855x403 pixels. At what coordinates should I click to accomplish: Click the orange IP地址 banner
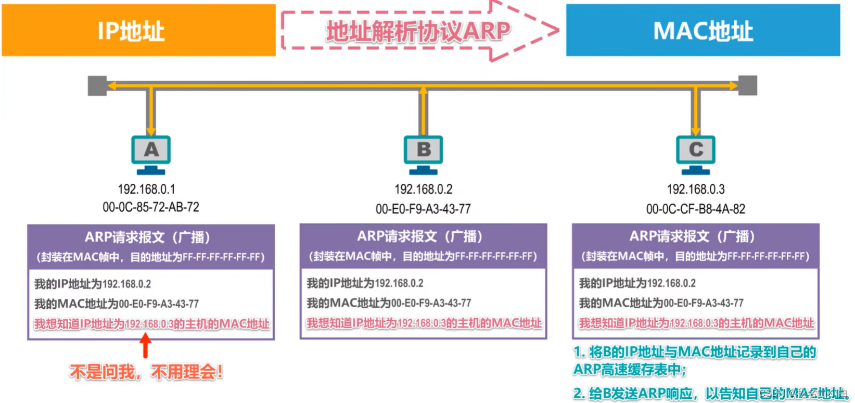pos(138,30)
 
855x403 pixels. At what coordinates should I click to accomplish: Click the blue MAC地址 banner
pos(703,30)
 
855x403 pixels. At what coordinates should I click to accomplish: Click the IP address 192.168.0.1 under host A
pos(146,189)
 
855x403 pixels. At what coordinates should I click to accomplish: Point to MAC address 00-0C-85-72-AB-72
pos(150,207)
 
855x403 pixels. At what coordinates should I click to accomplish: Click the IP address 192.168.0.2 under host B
pos(423,190)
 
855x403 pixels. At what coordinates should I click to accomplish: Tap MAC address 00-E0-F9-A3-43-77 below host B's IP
pos(423,209)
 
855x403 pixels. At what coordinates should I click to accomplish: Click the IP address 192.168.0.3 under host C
pos(696,190)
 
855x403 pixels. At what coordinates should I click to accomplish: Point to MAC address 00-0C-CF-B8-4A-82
pos(696,209)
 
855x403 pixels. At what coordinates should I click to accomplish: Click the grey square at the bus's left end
pos(97,85)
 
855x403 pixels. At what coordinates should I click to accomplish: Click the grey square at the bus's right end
pos(748,85)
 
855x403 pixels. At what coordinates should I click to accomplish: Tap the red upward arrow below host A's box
pos(146,345)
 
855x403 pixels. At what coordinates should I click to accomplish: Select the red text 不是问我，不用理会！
pos(146,372)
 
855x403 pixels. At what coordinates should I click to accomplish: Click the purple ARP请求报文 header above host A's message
pos(150,246)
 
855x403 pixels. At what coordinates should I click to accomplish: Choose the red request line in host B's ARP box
pos(424,323)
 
